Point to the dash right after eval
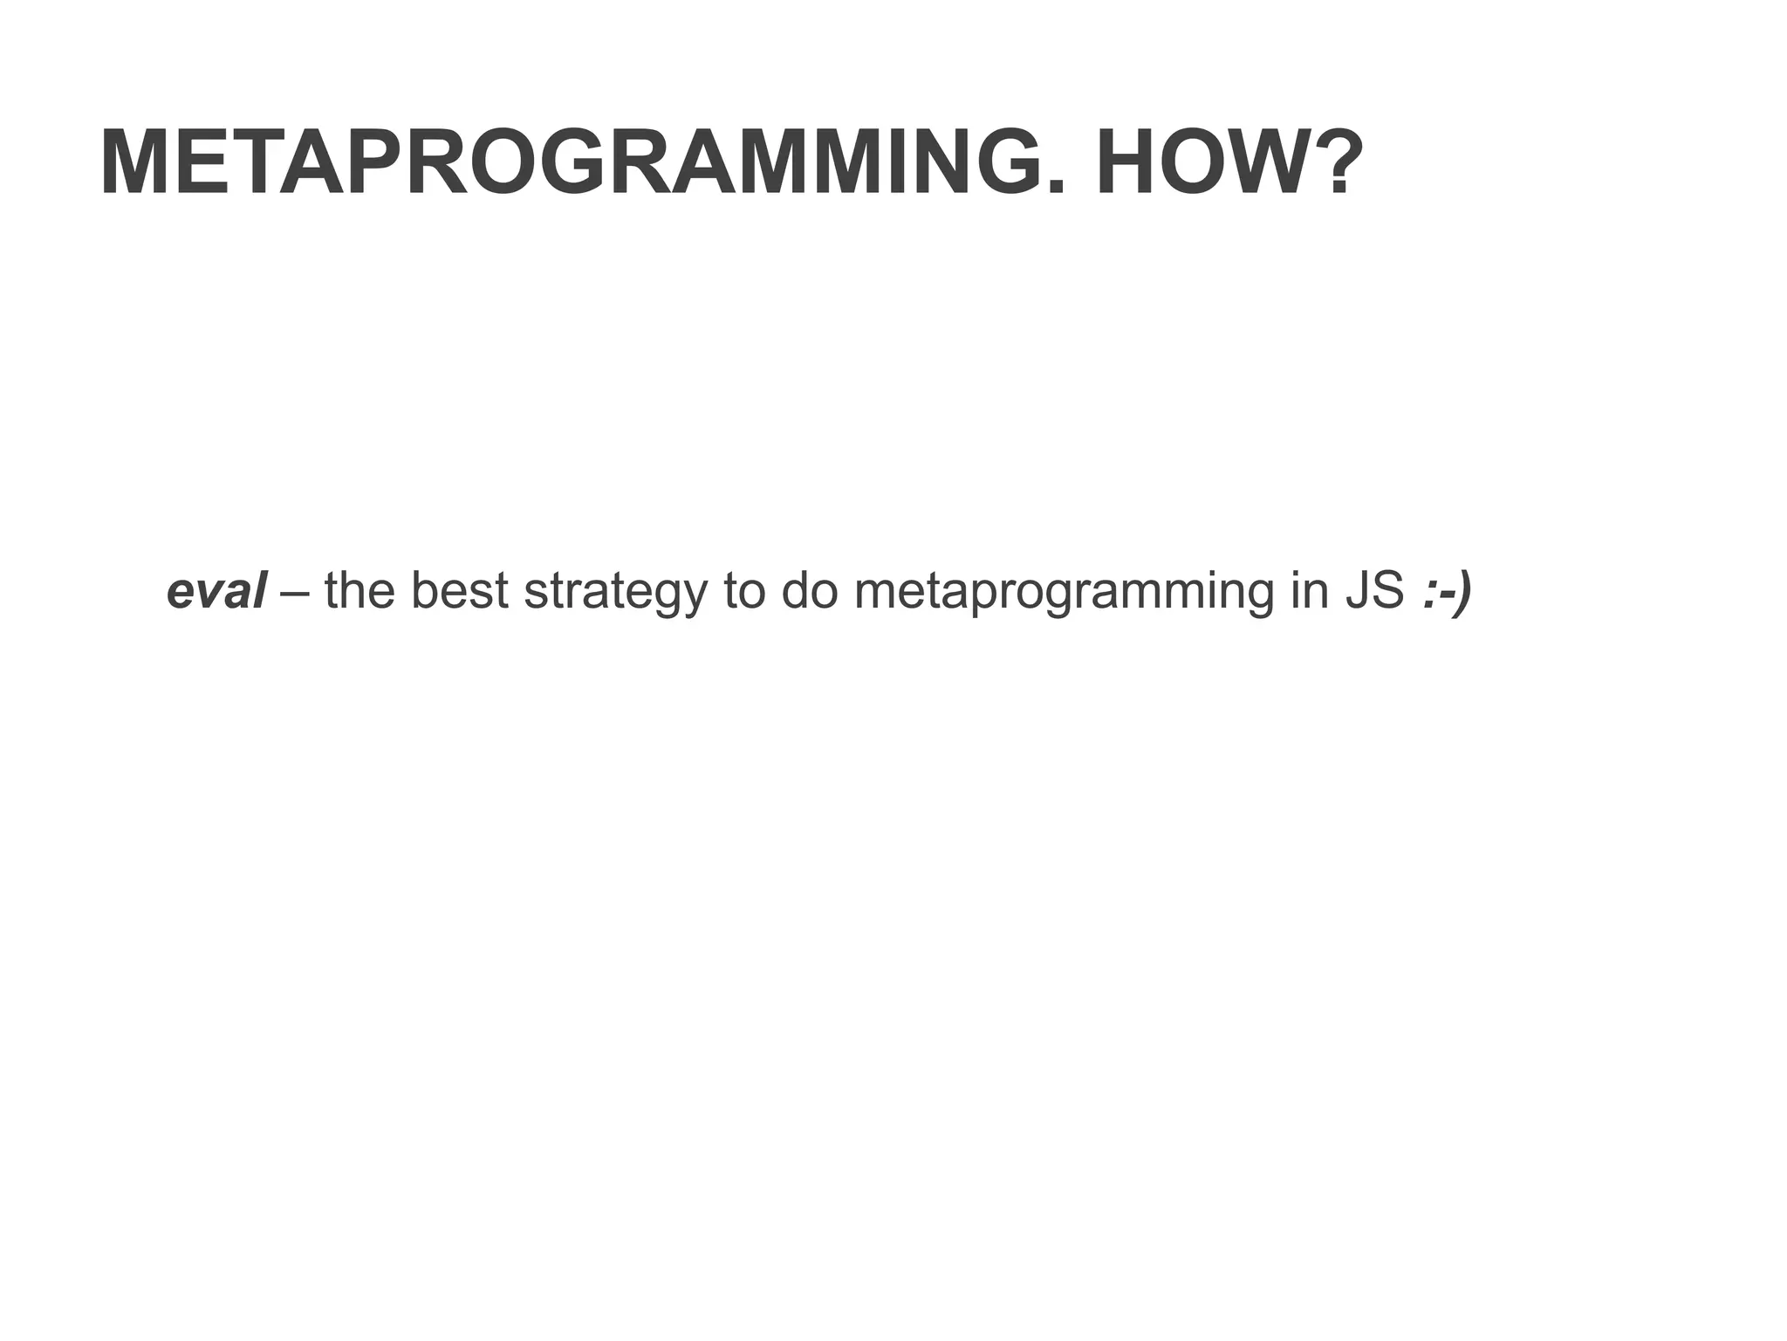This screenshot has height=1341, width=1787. click(x=295, y=594)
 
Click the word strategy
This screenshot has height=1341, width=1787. click(x=614, y=594)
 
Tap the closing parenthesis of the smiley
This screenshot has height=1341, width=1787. click(x=1464, y=594)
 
